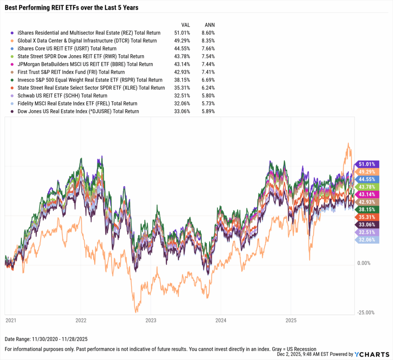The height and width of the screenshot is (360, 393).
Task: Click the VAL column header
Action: click(185, 25)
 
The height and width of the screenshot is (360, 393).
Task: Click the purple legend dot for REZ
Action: click(13, 33)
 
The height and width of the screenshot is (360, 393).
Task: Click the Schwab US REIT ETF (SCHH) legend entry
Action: click(63, 95)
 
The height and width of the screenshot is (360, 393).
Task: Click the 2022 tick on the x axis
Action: click(81, 320)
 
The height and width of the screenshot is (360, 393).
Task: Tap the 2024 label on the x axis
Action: click(221, 320)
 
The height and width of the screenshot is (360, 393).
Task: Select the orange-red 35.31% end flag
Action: click(368, 217)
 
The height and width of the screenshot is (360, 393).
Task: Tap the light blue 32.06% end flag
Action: click(368, 240)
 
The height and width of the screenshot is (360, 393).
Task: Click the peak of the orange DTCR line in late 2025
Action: click(348, 144)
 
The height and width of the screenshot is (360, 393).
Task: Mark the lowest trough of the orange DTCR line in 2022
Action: click(136, 312)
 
